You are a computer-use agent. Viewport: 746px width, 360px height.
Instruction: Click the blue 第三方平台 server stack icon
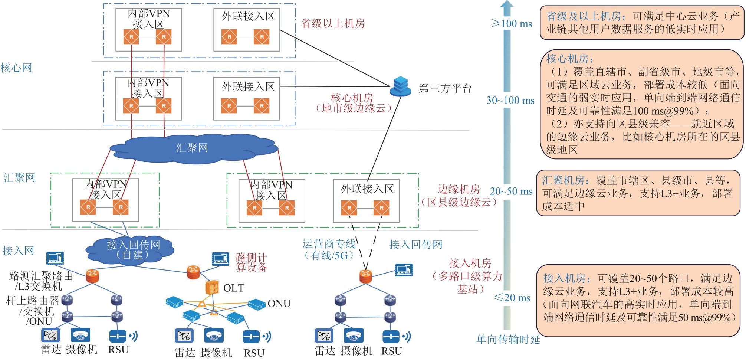[x=400, y=87]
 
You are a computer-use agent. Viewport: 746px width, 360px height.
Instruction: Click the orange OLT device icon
[x=212, y=288]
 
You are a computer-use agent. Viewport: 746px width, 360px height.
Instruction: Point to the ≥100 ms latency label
[x=511, y=24]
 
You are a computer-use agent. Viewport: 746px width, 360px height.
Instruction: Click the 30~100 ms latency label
[x=510, y=101]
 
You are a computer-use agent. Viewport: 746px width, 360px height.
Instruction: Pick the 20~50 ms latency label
[x=511, y=192]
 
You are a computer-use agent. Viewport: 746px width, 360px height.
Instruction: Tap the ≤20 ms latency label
[x=512, y=298]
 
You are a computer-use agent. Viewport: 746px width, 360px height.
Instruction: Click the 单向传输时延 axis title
[x=508, y=339]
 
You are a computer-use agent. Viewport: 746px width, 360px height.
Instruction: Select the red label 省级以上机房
[x=333, y=23]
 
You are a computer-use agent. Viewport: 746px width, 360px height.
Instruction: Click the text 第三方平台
[x=445, y=88]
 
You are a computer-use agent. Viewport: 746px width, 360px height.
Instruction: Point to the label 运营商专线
[x=329, y=244]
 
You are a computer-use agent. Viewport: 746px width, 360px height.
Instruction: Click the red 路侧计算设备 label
[x=251, y=262]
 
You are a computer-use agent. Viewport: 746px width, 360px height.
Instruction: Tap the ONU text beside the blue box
[x=279, y=304]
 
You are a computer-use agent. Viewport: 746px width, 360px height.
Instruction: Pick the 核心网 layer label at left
[x=16, y=68]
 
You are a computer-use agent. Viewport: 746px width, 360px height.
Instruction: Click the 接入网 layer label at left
[x=18, y=251]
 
